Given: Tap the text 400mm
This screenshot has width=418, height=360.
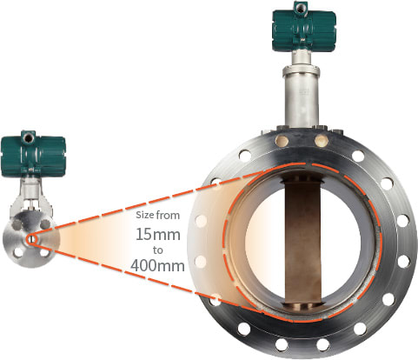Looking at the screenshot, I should pos(159,263).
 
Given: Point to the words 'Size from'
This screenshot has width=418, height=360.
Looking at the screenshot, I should pos(158,214).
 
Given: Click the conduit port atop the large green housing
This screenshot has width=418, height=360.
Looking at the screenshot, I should pos(301,7).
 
